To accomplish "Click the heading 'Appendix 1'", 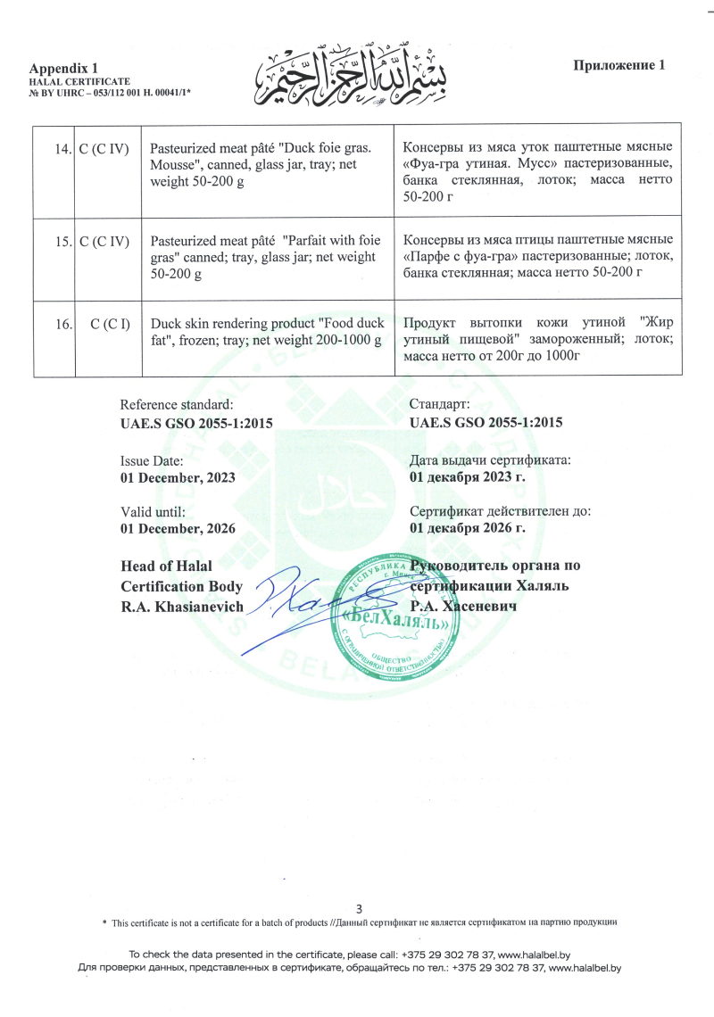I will (x=64, y=68).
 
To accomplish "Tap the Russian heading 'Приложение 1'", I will (x=619, y=65).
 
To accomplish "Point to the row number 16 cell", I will (x=62, y=324).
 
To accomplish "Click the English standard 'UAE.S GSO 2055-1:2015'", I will (x=196, y=424).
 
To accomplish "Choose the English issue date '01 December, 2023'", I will (x=178, y=477).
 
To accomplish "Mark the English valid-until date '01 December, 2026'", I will (x=178, y=528).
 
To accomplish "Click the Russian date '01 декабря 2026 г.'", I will (x=468, y=528).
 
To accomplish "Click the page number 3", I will (x=359, y=908).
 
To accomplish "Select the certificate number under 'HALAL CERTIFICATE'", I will (x=111, y=92).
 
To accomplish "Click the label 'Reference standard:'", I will (x=177, y=405).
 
